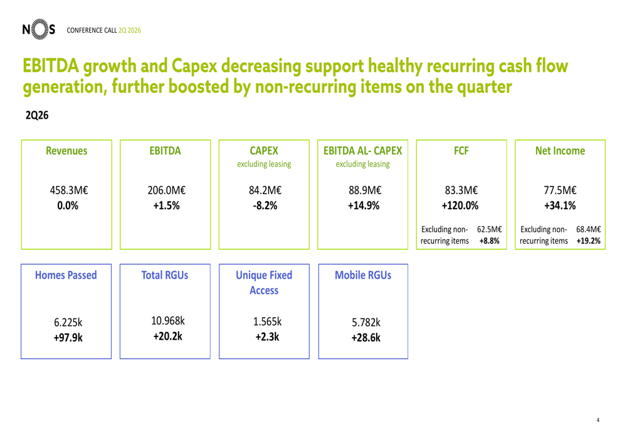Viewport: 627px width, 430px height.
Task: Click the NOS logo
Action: (x=39, y=30)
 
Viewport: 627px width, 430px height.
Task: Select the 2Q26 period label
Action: (x=37, y=116)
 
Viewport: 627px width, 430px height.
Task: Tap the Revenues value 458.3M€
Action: (x=69, y=190)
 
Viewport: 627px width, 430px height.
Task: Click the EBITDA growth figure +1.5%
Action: (x=166, y=206)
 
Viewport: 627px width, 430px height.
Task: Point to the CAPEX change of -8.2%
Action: (x=265, y=206)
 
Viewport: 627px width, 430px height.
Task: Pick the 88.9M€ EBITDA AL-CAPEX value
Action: (x=365, y=190)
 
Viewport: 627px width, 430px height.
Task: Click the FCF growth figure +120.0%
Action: (x=460, y=206)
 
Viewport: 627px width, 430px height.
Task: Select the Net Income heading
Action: (x=560, y=151)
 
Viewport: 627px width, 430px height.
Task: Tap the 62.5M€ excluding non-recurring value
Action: (x=489, y=229)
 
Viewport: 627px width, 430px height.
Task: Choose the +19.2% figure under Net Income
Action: (x=588, y=241)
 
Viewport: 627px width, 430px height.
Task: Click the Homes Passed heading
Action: (x=66, y=275)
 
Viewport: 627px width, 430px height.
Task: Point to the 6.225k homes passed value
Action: (x=68, y=322)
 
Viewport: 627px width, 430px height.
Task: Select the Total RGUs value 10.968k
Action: (x=168, y=321)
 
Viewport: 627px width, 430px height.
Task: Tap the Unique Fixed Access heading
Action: (x=264, y=282)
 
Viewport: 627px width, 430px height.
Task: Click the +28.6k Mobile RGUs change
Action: (x=366, y=338)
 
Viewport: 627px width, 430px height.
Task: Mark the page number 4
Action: (x=598, y=420)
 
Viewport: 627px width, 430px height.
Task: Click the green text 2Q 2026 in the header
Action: (x=130, y=30)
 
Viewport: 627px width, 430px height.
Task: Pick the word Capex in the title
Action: (x=194, y=66)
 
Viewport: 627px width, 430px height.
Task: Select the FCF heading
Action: (x=461, y=151)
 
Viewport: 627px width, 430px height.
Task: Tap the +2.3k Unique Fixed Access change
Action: (x=267, y=337)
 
